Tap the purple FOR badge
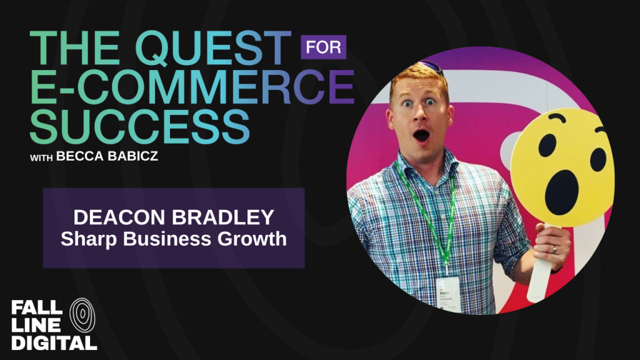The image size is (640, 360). (323, 47)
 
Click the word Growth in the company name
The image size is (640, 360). (252, 239)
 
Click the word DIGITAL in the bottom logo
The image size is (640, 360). (54, 342)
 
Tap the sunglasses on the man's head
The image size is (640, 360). (432, 67)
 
